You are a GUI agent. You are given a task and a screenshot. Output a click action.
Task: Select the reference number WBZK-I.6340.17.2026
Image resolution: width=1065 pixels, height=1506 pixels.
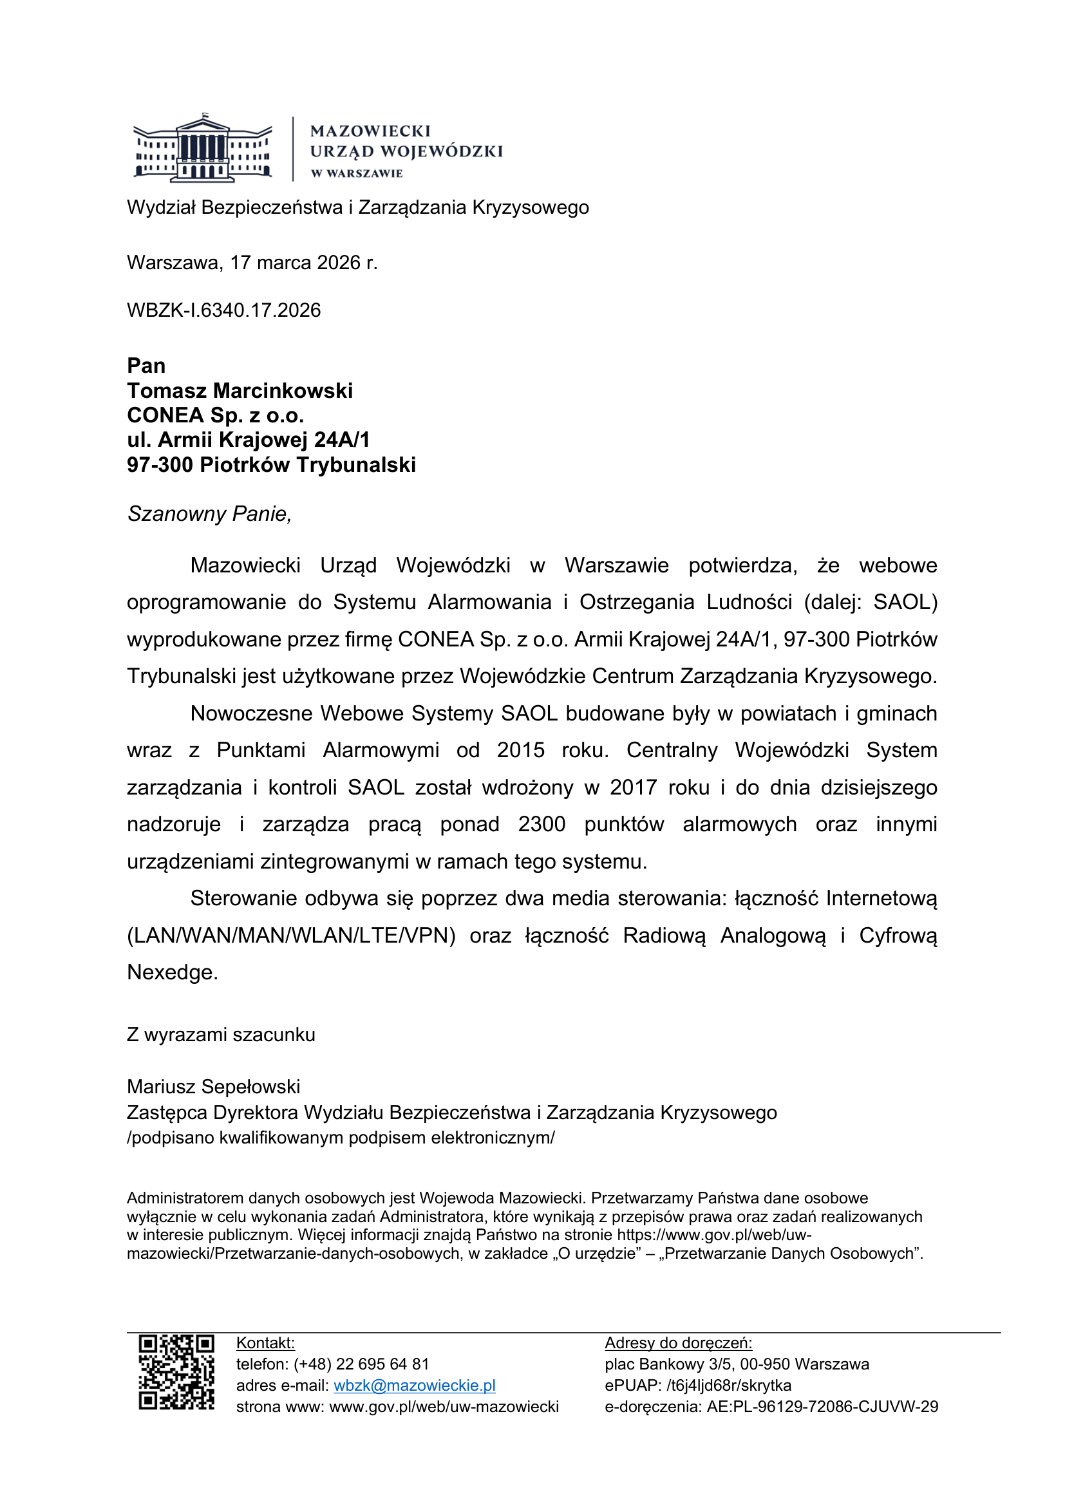223,310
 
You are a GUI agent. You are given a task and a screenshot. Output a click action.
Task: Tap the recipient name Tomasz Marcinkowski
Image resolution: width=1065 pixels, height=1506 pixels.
240,391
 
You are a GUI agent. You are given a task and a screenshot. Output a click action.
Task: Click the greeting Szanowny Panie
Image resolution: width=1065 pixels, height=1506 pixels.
209,514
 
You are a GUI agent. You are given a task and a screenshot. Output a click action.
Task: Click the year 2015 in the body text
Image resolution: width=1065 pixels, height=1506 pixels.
520,750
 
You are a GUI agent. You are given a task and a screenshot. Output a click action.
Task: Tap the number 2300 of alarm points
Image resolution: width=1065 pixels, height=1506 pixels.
541,825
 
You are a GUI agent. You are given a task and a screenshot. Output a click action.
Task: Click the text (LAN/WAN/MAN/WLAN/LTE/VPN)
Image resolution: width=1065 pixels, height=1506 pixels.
291,936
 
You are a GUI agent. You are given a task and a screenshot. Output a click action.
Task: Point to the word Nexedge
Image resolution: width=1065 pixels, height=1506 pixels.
172,972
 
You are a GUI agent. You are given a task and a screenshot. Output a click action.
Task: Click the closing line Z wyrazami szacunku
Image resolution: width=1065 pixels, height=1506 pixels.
221,1035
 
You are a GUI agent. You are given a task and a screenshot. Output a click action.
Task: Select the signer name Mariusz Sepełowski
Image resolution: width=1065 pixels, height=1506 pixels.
213,1087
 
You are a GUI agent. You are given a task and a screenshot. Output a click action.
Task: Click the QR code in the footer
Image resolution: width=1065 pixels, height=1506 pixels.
176,1372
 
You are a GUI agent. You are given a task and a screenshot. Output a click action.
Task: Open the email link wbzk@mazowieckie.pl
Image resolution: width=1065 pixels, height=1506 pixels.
415,1386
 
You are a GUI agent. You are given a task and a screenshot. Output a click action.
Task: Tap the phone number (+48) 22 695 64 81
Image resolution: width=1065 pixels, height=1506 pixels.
361,1364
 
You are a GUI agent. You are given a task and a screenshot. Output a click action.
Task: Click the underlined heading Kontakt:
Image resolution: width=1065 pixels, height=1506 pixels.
265,1342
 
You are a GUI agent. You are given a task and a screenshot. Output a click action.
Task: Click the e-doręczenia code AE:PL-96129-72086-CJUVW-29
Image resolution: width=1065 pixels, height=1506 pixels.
822,1406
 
